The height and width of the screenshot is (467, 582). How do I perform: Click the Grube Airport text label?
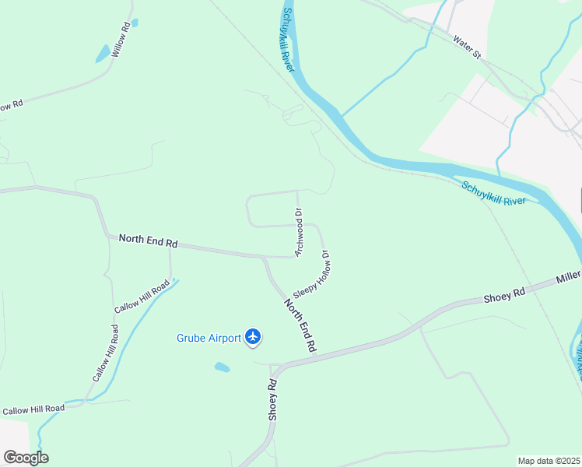pos(209,338)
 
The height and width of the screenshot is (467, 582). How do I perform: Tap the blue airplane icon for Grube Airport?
pos(252,337)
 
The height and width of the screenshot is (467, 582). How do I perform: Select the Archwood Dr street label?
pos(298,232)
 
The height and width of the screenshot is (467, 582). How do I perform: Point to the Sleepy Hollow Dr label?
pos(312,274)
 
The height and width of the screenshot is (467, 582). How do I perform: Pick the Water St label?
pos(468,48)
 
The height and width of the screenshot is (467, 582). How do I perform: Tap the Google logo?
pos(26,457)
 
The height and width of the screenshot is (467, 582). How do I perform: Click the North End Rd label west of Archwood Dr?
pos(148,241)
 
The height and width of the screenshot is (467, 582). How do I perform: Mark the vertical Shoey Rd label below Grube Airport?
pos(273,400)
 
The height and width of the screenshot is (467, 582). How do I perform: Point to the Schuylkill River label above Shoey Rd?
pos(493,191)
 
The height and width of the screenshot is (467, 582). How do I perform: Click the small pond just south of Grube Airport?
pos(223,367)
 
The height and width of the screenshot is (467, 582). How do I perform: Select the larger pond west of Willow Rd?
pos(103,54)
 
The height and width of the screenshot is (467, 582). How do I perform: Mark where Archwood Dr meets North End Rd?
pos(294,256)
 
